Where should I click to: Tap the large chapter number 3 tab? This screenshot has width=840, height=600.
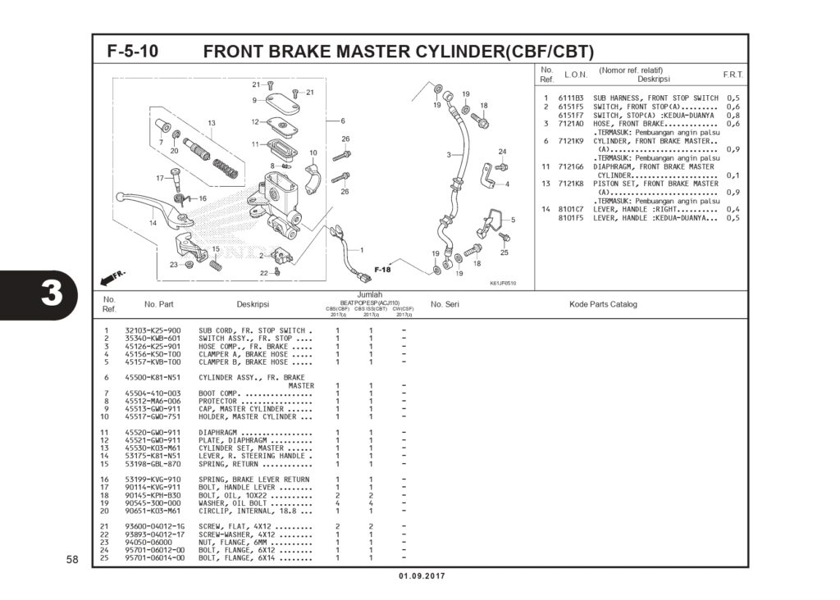[51, 293]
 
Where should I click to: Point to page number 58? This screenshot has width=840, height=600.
[72, 560]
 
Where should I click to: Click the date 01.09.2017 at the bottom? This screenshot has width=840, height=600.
[422, 576]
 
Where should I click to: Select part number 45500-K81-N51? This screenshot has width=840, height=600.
[153, 377]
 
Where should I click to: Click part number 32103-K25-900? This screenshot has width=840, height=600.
[153, 330]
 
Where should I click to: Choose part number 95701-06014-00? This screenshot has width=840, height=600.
[154, 557]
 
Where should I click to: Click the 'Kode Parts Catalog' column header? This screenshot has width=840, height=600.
[603, 304]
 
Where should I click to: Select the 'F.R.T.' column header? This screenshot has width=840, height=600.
[733, 75]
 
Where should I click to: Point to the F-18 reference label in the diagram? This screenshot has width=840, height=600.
[382, 269]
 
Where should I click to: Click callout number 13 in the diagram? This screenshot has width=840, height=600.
[211, 124]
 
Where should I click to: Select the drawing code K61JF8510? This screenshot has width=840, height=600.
[503, 283]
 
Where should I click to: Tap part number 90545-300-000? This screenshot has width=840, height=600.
[153, 502]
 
